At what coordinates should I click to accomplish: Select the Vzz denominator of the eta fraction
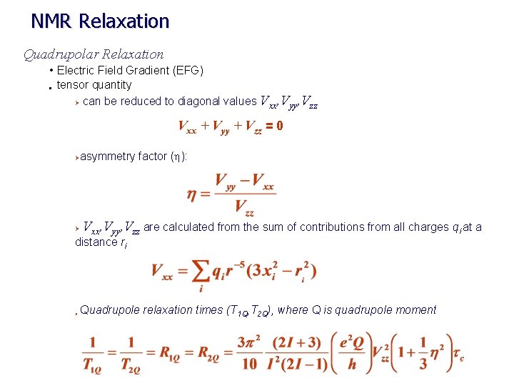244,209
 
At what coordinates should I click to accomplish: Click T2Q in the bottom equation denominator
131,365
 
